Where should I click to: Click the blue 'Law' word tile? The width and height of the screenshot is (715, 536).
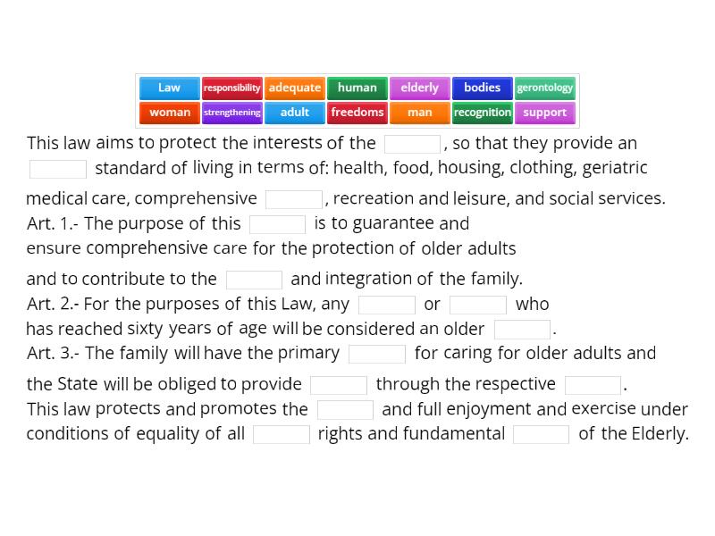tap(169, 88)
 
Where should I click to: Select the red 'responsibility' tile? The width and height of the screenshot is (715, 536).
tap(231, 88)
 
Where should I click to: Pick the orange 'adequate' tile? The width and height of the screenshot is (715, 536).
tap(294, 88)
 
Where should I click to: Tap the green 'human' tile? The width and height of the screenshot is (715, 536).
tap(357, 88)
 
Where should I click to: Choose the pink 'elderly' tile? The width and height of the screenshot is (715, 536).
tap(419, 88)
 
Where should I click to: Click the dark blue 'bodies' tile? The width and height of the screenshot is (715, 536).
tap(482, 88)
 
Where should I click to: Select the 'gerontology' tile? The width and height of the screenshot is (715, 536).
tap(544, 88)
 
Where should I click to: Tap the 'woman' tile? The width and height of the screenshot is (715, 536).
tap(169, 113)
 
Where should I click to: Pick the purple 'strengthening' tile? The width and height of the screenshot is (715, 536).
tap(231, 113)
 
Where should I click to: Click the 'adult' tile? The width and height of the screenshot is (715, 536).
tap(294, 113)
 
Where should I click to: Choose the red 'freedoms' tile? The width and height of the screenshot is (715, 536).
tap(357, 113)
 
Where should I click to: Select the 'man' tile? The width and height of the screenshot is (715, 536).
tap(419, 113)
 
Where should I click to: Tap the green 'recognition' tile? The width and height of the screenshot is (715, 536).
tap(482, 113)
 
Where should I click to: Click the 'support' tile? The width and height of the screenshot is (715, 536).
tap(544, 113)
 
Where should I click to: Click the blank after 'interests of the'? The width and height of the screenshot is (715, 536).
tap(412, 144)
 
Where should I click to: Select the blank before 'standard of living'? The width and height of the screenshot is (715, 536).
tap(58, 169)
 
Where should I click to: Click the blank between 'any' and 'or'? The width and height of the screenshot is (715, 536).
tap(387, 305)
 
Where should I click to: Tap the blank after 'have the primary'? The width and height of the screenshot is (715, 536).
tap(377, 354)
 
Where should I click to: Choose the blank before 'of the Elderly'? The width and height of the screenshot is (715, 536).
tap(541, 434)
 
